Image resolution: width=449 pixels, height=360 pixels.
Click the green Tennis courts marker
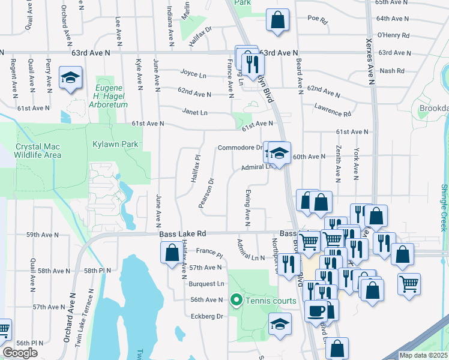[x=237, y=300]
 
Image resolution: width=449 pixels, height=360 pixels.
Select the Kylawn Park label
[x=115, y=144]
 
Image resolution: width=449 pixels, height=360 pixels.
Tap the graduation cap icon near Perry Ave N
[x=70, y=78]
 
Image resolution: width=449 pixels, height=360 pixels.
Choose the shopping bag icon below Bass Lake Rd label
[x=171, y=252]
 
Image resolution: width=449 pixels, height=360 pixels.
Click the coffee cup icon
[x=316, y=311]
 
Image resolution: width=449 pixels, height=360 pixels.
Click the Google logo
[x=20, y=353]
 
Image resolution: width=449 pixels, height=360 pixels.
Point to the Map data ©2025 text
[x=423, y=355]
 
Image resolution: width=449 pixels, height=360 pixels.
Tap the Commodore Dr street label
[x=240, y=148]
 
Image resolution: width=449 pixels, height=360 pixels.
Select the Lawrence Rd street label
[x=332, y=109]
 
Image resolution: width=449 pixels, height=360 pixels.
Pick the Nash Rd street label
[x=392, y=71]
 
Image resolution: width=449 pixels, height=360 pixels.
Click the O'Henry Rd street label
[x=393, y=36]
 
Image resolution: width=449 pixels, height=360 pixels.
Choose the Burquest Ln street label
[x=206, y=283]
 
